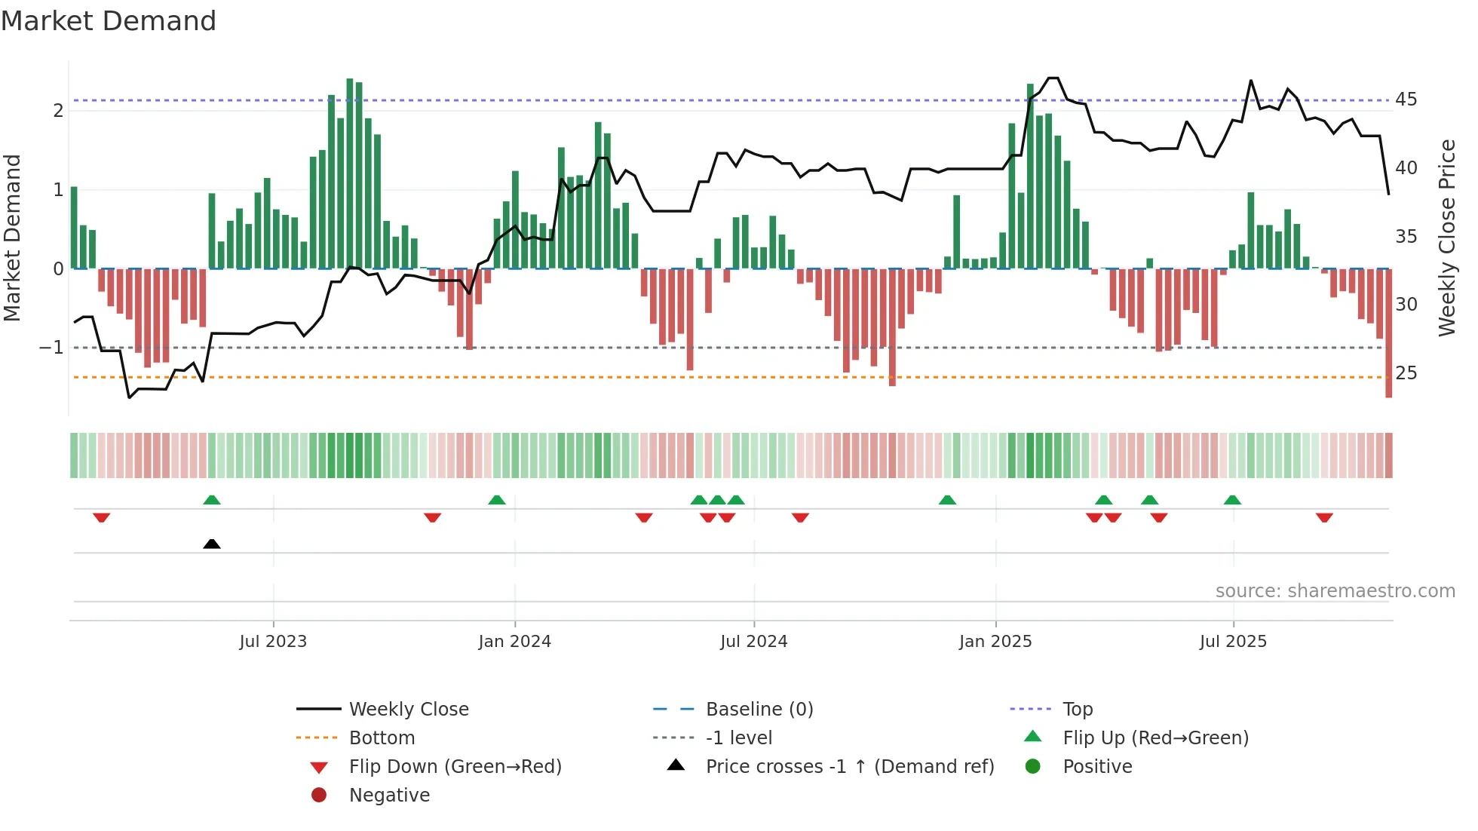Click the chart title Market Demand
tap(109, 21)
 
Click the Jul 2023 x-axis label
tap(273, 642)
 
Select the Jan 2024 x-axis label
tap(514, 642)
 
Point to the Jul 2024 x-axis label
tap(753, 642)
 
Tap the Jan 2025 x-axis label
tap(995, 642)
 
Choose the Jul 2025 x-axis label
tap(1233, 642)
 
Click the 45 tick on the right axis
tap(1406, 100)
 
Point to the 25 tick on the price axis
tap(1406, 373)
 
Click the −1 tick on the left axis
tap(51, 348)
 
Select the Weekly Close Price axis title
tap(1446, 238)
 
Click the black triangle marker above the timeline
tap(212, 544)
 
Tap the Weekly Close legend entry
tap(408, 710)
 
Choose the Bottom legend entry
tap(382, 738)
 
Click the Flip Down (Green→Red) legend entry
tap(455, 767)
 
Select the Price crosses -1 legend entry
tap(849, 767)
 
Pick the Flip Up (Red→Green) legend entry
tap(1155, 738)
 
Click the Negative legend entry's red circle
tap(319, 796)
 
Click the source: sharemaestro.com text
tap(1335, 591)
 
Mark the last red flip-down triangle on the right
tap(1324, 517)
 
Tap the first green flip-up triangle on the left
tap(212, 500)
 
